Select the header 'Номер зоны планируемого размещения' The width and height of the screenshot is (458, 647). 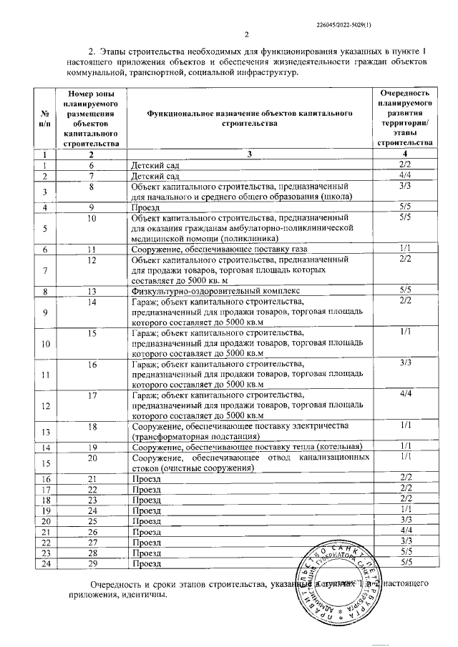coord(91,118)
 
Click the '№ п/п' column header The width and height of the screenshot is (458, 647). coord(45,118)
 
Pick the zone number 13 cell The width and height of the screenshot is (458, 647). coord(92,291)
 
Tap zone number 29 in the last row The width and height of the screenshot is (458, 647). coord(92,563)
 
